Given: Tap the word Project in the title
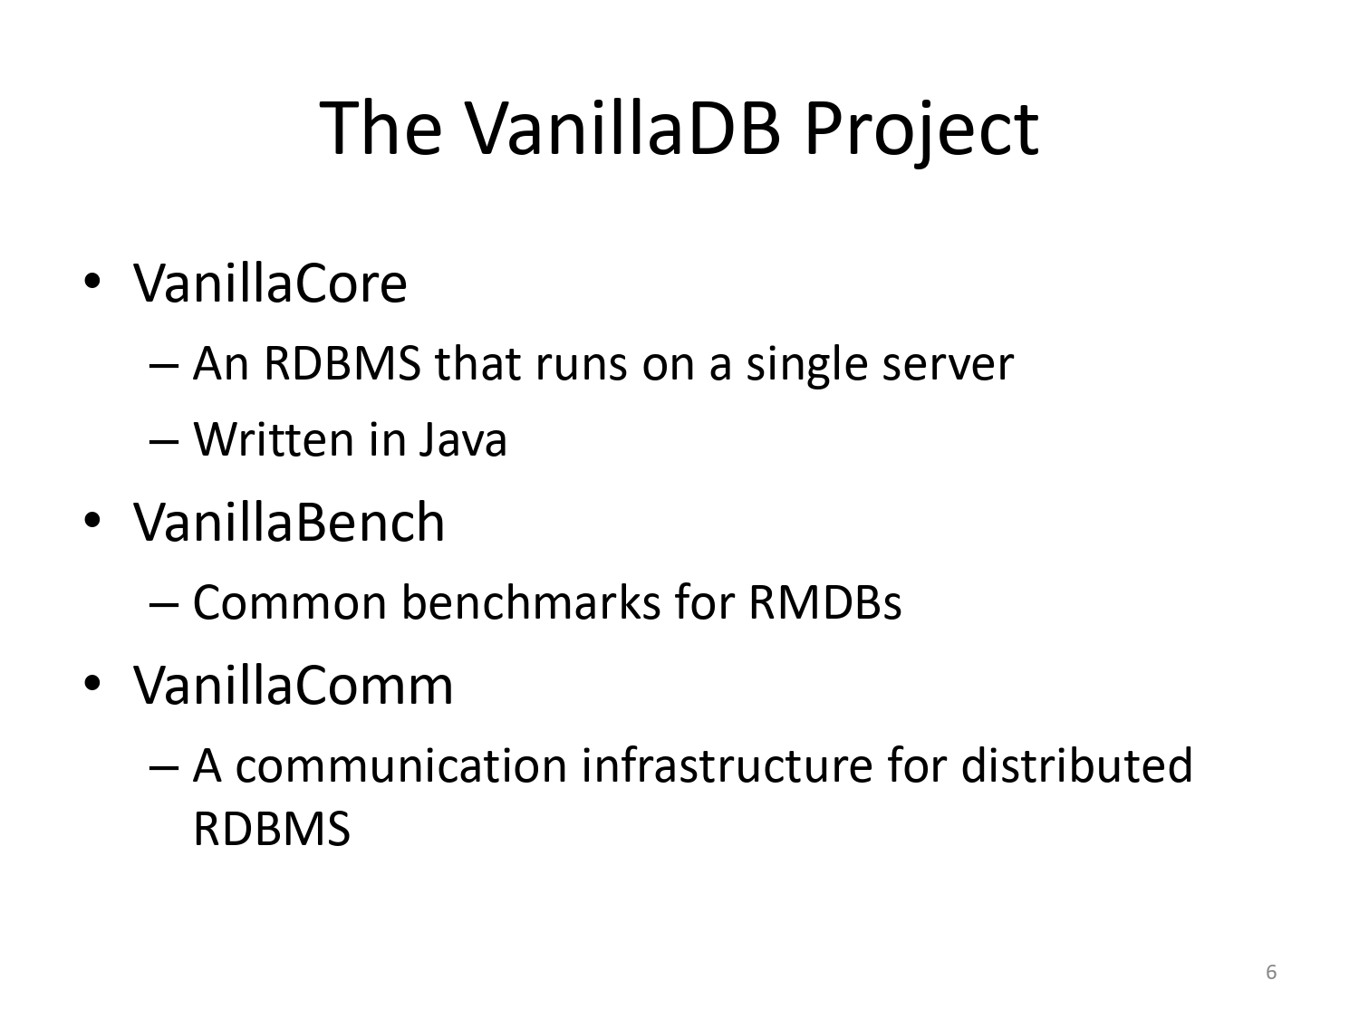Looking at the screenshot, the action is (921, 132).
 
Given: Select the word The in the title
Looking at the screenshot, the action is (381, 128).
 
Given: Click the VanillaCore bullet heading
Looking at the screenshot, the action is (270, 284).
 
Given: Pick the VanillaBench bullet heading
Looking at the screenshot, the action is (289, 522).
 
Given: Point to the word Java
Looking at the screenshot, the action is (463, 439).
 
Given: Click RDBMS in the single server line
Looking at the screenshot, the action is (342, 363).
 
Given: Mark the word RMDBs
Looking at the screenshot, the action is (824, 602).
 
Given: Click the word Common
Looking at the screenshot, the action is (290, 602).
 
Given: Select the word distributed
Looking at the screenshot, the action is (1076, 764).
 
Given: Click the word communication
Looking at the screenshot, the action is (401, 765).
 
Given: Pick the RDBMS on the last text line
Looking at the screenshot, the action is (272, 829).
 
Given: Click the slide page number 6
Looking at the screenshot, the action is (1271, 972).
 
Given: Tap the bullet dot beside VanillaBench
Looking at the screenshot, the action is (92, 520).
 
